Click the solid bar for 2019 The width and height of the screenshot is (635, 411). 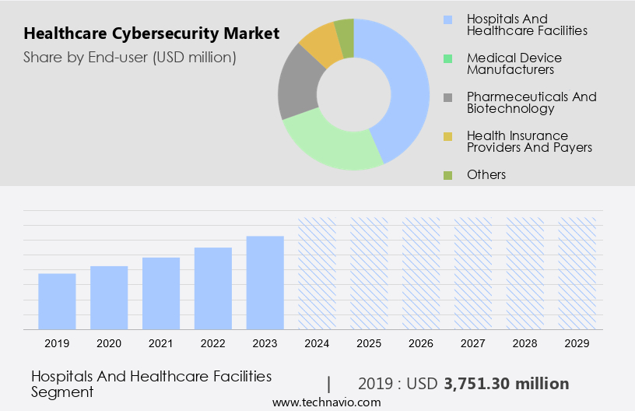coord(57,301)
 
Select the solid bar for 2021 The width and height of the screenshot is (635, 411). coord(161,293)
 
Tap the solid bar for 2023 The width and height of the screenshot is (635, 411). coord(265,283)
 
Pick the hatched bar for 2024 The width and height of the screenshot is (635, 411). coord(317,272)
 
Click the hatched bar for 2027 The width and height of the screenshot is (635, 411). coord(474,272)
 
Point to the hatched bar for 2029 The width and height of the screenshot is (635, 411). coord(577,272)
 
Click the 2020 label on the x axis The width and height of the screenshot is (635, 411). coord(109,343)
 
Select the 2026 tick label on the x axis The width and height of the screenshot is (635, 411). coord(421,343)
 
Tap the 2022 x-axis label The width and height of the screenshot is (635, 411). coord(213,343)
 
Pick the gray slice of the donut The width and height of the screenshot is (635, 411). coord(299,86)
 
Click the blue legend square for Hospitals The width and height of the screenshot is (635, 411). coord(447,19)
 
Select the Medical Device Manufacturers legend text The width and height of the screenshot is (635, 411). coord(514,64)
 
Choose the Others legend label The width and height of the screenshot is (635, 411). coord(486,174)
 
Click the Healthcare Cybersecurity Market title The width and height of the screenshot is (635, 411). coord(151,35)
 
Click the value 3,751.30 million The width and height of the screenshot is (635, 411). coord(506,384)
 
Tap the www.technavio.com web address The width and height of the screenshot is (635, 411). coord(326,402)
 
